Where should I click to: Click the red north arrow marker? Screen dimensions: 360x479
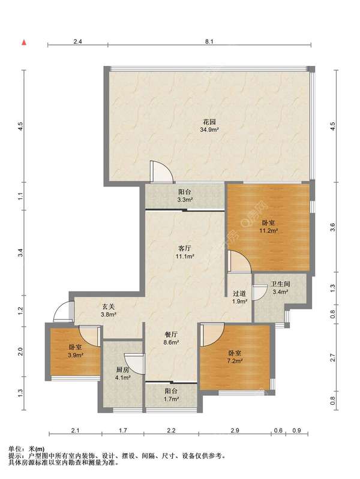23,43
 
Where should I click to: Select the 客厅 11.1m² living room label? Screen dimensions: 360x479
185,252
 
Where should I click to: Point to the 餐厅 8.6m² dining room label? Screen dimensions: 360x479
171,338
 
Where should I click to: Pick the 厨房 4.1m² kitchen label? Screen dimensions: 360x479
122,373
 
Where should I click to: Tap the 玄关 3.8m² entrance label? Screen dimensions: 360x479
108,310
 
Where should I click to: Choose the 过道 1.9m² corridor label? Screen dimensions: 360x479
239,297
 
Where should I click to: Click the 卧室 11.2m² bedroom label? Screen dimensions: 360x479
269,227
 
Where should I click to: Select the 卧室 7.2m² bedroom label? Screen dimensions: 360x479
235,357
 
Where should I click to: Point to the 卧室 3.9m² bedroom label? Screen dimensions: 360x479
75,351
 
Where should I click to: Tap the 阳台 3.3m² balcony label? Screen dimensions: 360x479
185,196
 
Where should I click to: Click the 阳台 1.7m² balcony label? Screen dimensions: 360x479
171,394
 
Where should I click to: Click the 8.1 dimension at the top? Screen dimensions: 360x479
209,41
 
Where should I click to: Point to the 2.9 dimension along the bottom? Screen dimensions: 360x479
235,430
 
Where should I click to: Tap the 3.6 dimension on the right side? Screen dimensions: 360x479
333,227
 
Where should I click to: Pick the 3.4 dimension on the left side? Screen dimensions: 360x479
20,253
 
